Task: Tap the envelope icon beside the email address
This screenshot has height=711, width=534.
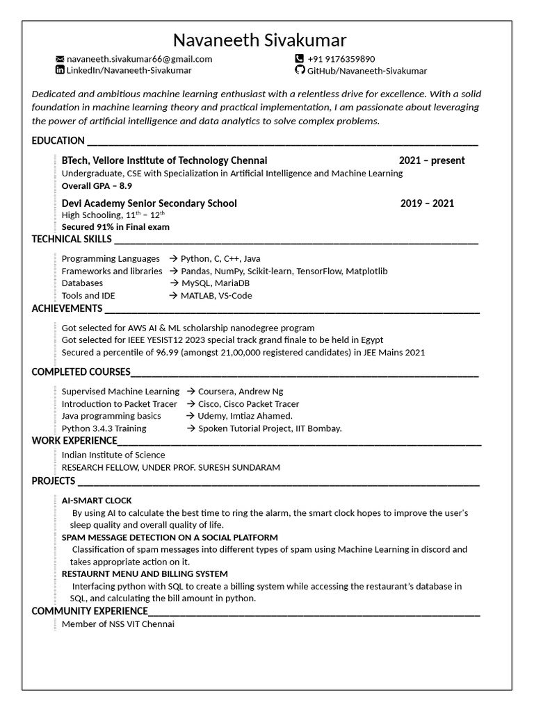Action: (60, 59)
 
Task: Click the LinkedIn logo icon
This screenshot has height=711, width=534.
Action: (60, 70)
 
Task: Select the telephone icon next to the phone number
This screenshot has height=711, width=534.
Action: (300, 59)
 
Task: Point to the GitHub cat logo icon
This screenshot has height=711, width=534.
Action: (300, 70)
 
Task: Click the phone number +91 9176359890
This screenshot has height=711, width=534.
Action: (341, 59)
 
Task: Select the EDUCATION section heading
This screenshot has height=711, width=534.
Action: (58, 140)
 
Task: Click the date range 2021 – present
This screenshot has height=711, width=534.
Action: (432, 160)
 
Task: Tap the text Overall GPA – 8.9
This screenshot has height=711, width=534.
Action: (97, 186)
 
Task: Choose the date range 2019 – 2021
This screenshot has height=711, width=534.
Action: (427, 203)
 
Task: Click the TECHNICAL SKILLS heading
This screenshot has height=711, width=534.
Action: (72, 240)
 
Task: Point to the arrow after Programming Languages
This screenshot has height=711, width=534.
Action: (173, 259)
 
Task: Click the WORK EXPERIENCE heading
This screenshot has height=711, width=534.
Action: (74, 440)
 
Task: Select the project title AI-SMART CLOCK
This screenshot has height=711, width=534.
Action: (97, 500)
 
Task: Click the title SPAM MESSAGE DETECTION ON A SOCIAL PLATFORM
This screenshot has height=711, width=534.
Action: (170, 537)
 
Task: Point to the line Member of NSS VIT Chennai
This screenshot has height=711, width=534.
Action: (118, 624)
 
